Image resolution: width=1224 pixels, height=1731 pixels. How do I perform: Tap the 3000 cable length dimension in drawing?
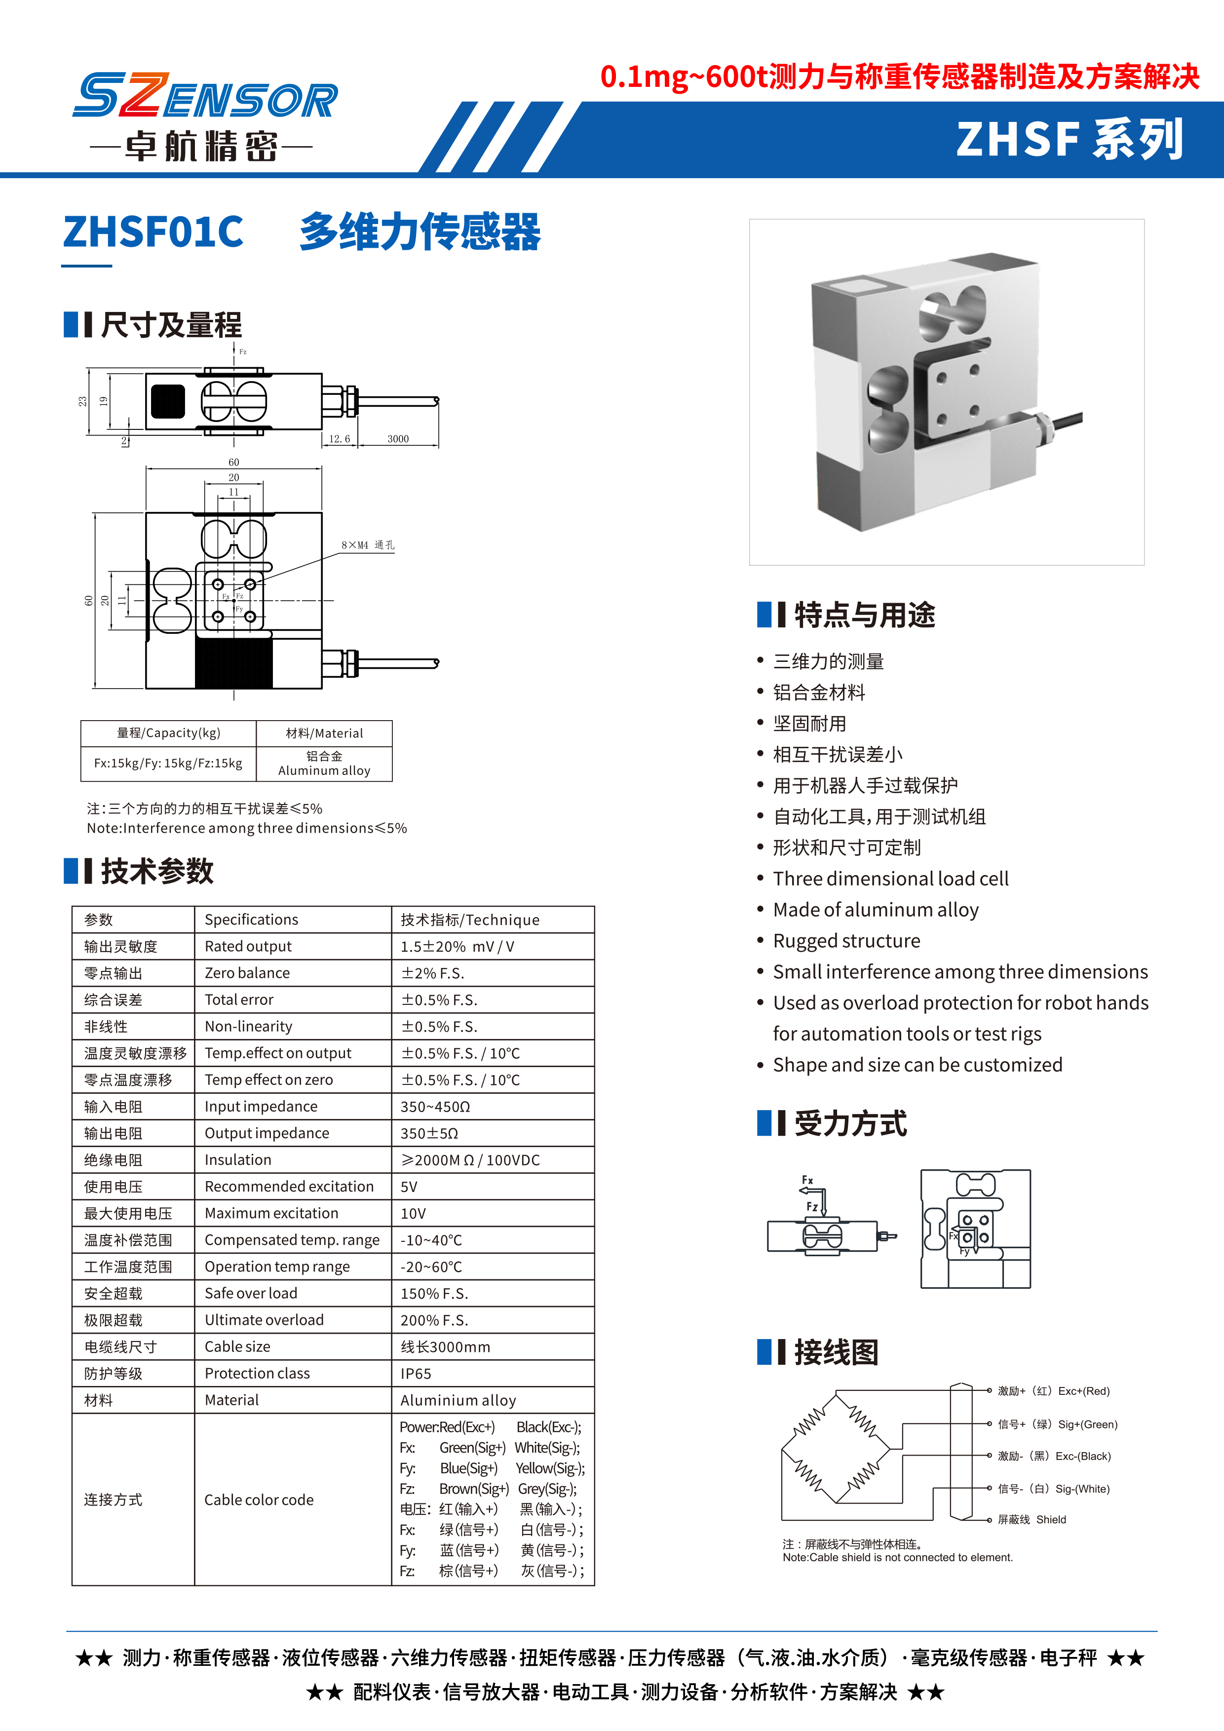point(397,439)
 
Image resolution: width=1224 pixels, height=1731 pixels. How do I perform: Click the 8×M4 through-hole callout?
point(367,545)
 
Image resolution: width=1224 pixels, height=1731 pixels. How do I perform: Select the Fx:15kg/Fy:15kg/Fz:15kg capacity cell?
point(168,763)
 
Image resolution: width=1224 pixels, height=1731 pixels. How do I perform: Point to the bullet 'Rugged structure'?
point(846,941)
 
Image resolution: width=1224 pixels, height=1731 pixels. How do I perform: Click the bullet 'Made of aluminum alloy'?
point(876,910)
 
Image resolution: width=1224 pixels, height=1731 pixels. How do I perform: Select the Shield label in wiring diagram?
point(1051,1520)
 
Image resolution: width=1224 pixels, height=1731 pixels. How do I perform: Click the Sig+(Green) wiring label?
point(1088,1424)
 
